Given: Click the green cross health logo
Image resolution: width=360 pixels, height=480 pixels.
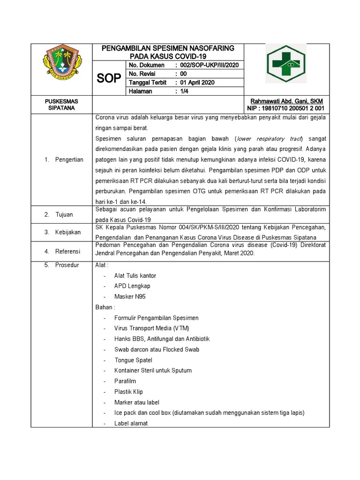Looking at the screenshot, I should (x=286, y=63).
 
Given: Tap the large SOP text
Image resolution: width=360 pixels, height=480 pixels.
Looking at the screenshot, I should (x=109, y=78).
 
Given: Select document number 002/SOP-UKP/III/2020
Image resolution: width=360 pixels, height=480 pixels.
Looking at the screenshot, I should (x=210, y=65).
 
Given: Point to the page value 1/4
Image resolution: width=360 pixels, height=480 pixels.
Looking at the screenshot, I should (x=183, y=91).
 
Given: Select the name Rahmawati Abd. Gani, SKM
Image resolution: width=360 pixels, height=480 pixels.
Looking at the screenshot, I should (x=286, y=101).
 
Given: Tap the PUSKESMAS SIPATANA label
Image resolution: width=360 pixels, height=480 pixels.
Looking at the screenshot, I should (x=61, y=105).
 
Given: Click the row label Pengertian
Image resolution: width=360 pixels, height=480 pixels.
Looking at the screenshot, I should (x=68, y=160).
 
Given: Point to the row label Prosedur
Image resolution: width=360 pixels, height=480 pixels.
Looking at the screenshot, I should (x=67, y=265).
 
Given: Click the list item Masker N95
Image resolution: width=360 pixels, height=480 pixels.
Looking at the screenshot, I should (x=127, y=297).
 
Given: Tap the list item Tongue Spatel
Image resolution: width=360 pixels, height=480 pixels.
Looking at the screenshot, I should (x=133, y=360).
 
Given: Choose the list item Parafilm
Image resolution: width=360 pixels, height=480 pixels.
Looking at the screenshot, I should (x=125, y=381).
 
